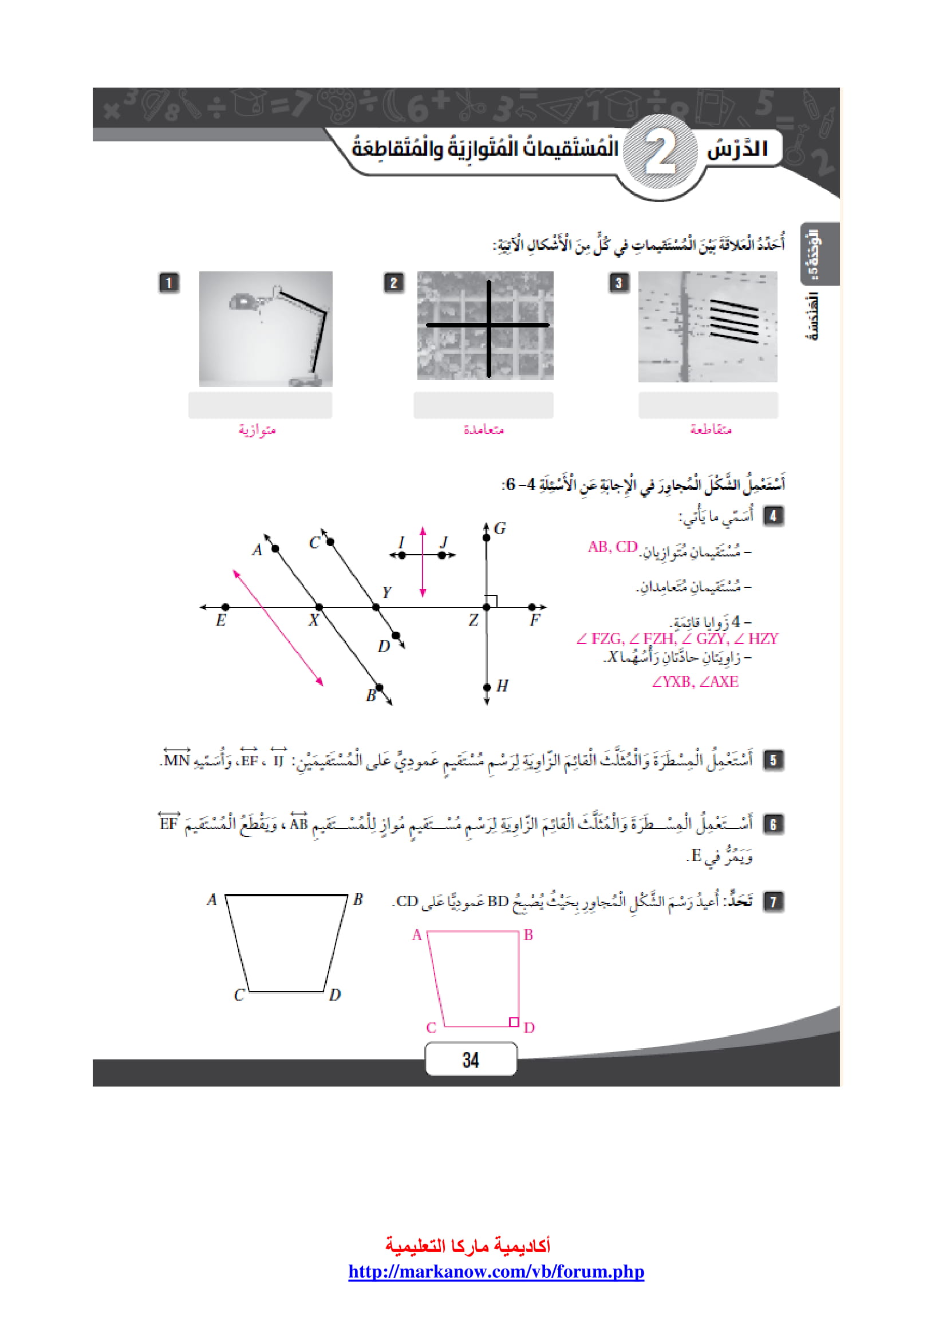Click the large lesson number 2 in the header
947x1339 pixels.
661,154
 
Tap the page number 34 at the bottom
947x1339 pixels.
471,1060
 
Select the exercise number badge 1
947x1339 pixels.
169,283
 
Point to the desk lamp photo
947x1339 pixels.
266,329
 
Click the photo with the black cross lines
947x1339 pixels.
485,325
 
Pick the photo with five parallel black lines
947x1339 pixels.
707,326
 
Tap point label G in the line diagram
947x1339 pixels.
500,528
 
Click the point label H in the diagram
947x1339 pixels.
502,686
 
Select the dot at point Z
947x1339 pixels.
487,607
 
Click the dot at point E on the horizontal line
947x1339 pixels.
226,607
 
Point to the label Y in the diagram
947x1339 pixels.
386,593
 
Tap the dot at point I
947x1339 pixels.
402,555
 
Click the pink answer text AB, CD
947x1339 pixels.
612,547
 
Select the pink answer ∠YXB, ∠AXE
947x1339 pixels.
695,681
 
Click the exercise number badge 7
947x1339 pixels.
773,901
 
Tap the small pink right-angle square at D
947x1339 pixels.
513,1022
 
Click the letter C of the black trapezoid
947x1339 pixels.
239,995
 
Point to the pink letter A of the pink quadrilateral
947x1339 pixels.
416,935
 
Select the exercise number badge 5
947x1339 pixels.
773,760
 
